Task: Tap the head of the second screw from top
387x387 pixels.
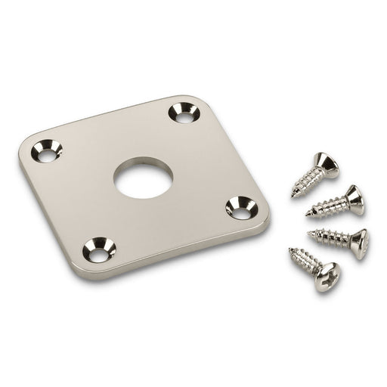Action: pyautogui.click(x=351, y=190)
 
